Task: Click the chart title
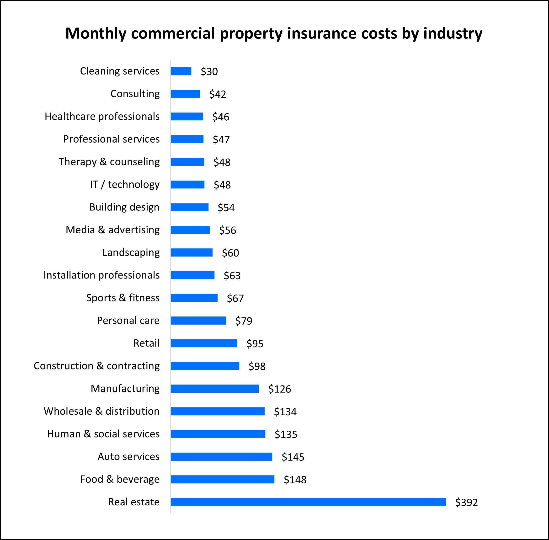point(274,33)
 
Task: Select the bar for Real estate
point(308,502)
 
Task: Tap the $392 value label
point(466,502)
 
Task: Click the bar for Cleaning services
point(181,71)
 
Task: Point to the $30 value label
point(209,71)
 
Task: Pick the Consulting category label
point(135,94)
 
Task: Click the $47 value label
point(221,139)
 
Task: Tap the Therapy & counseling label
point(109,162)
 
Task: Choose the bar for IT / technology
point(187,185)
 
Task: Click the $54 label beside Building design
point(226,208)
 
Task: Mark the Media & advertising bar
point(190,230)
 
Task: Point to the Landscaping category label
point(131,252)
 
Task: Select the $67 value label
point(235,298)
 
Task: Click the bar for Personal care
point(198,321)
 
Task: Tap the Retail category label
point(146,343)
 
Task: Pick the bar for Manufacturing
point(215,389)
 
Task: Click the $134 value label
point(285,412)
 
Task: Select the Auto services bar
point(221,457)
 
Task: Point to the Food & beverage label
point(120,479)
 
